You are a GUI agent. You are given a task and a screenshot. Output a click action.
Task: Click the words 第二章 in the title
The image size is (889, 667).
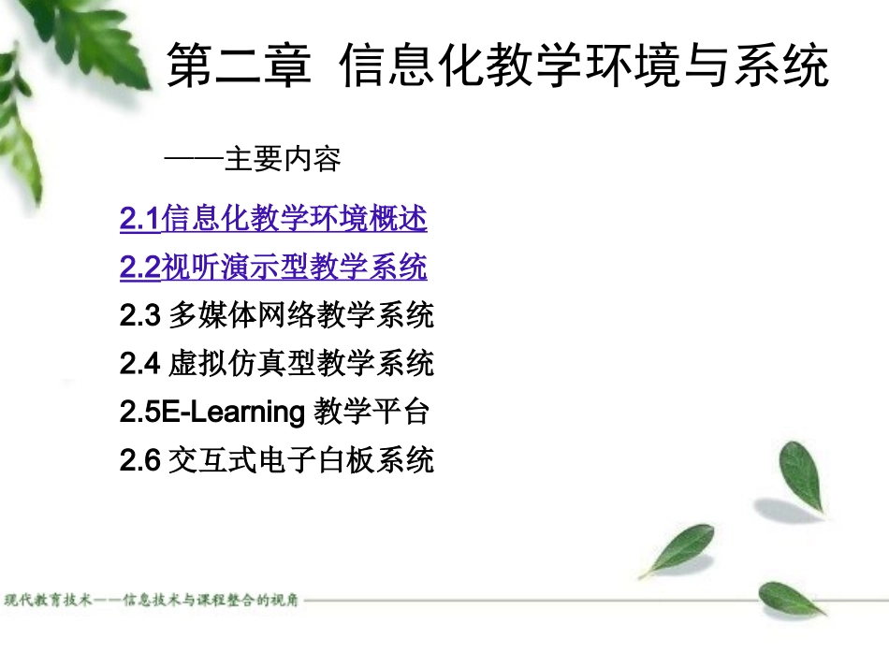coord(238,66)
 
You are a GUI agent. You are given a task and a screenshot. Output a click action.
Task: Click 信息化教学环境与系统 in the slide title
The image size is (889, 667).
coord(585,66)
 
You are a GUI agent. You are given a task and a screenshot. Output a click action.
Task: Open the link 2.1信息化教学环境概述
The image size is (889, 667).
coord(273,220)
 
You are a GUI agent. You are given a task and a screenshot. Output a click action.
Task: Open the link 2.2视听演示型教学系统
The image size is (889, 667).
coord(273,268)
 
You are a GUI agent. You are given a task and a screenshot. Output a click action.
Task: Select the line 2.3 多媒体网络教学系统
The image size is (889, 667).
coord(277,316)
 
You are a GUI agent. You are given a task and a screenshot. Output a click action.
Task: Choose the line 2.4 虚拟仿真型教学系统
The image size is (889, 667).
coord(277,363)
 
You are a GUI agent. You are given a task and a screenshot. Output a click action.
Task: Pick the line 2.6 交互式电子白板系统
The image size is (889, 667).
coord(277,460)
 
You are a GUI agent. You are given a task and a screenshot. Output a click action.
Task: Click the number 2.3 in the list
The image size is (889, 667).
coord(140,316)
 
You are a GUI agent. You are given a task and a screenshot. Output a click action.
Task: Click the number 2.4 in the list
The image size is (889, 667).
coord(140,363)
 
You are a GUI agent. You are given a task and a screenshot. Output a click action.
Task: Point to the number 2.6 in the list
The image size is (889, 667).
coord(140,460)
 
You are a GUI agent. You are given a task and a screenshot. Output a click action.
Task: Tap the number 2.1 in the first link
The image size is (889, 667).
coord(140,220)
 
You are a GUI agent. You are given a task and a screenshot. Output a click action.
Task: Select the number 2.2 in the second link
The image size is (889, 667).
coord(140,268)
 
